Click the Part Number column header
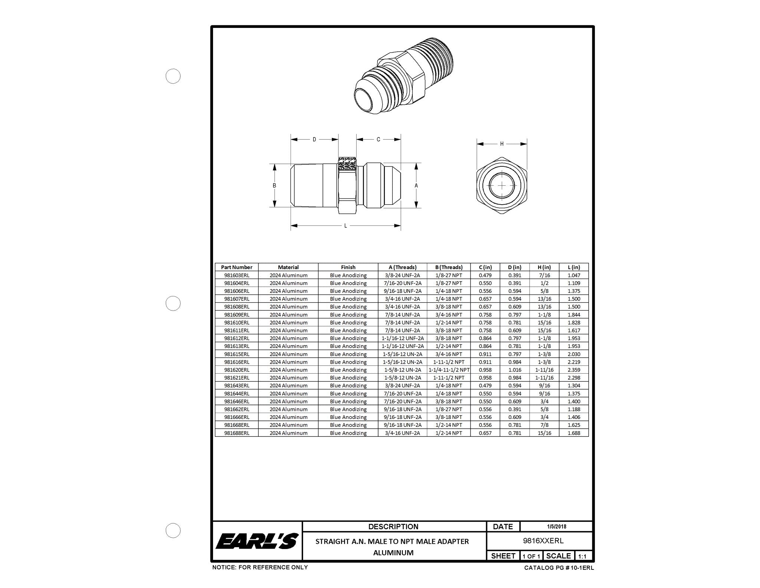tap(236, 267)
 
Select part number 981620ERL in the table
tap(236, 370)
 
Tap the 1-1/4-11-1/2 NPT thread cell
tap(449, 370)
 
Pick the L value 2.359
tap(574, 370)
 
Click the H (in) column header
tap(544, 267)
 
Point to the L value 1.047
tap(574, 275)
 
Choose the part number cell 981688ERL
tap(236, 433)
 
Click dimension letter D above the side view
tap(314, 140)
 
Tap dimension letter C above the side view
tap(378, 140)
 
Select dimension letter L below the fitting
tap(345, 225)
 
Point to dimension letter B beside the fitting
tap(275, 185)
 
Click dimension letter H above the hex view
tap(502, 144)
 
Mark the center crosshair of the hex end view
tap(502, 185)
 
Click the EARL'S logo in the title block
tap(257, 541)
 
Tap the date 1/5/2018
tap(556, 526)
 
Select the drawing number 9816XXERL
tap(543, 541)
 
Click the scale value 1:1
tap(582, 556)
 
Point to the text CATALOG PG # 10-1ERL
tap(559, 568)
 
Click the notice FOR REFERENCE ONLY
tap(260, 567)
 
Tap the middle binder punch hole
tap(173, 303)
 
